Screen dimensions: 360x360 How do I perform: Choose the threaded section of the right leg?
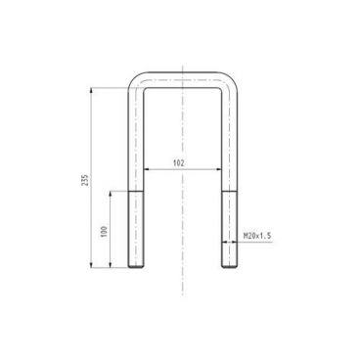[x=228, y=230]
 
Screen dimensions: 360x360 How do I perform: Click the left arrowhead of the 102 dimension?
[x=144, y=168]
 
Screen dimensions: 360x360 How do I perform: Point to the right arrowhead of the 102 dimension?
[x=219, y=168]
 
